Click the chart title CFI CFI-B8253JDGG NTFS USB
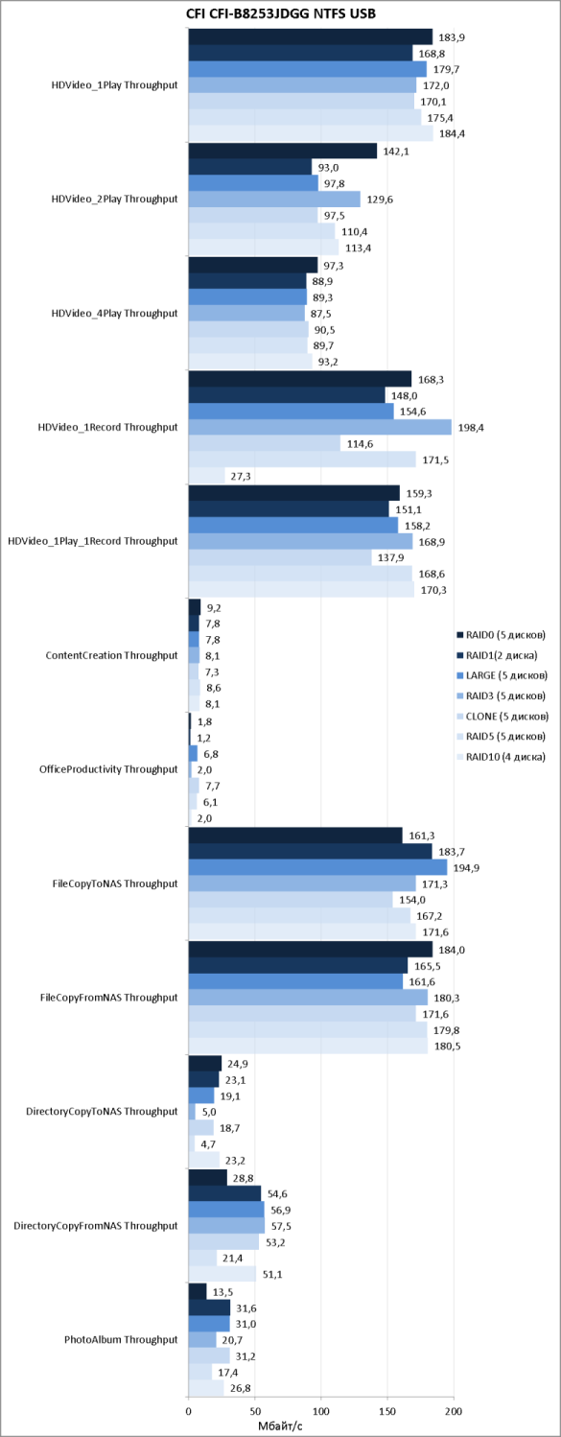[281, 12]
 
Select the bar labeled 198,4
[320, 427]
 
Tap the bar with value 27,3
[206, 476]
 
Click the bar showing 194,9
[317, 867]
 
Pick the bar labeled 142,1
[283, 152]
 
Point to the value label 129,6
[380, 200]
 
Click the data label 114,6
[360, 444]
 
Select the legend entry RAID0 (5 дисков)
[501, 635]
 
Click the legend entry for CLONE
[503, 716]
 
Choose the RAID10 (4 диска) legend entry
[501, 756]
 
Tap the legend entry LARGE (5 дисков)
[502, 675]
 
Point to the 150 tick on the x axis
[387, 1411]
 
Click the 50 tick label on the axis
[254, 1411]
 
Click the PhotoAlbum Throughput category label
[121, 1339]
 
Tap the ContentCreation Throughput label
[111, 655]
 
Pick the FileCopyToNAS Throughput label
[115, 883]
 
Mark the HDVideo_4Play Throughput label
[114, 313]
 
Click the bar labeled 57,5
[226, 1226]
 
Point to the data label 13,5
[222, 1292]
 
